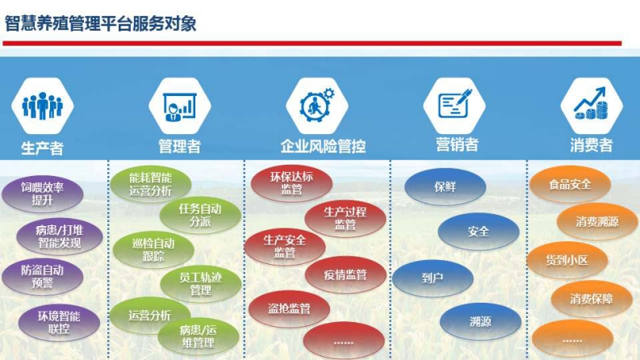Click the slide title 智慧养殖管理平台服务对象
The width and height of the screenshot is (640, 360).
tap(100, 23)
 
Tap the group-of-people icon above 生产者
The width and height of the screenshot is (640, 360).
tap(43, 105)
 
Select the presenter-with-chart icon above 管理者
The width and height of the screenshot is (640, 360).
tap(180, 106)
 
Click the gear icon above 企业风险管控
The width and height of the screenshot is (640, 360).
tap(317, 105)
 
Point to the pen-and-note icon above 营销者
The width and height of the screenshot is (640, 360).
tap(454, 104)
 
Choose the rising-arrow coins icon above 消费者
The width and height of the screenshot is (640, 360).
tap(591, 103)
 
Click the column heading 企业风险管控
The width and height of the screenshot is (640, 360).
tap(323, 146)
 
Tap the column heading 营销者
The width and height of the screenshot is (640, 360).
tap(457, 144)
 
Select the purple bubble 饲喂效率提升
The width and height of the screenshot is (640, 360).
tap(43, 194)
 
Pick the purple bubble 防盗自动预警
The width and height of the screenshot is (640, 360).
tap(43, 276)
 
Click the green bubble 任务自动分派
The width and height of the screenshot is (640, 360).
tap(200, 215)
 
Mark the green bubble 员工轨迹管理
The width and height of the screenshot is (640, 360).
tap(200, 284)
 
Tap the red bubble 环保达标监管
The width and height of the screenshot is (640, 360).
tap(291, 183)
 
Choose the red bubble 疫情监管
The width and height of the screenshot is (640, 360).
tap(345, 274)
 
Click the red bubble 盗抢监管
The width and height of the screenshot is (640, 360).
tap(289, 308)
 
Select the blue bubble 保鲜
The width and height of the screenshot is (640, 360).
tap(445, 187)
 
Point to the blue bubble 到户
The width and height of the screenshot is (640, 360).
tap(433, 278)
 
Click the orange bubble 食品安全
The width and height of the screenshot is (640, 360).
tap(571, 185)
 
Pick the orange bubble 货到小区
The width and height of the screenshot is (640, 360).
tap(567, 260)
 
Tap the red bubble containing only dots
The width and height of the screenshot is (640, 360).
tap(344, 341)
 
